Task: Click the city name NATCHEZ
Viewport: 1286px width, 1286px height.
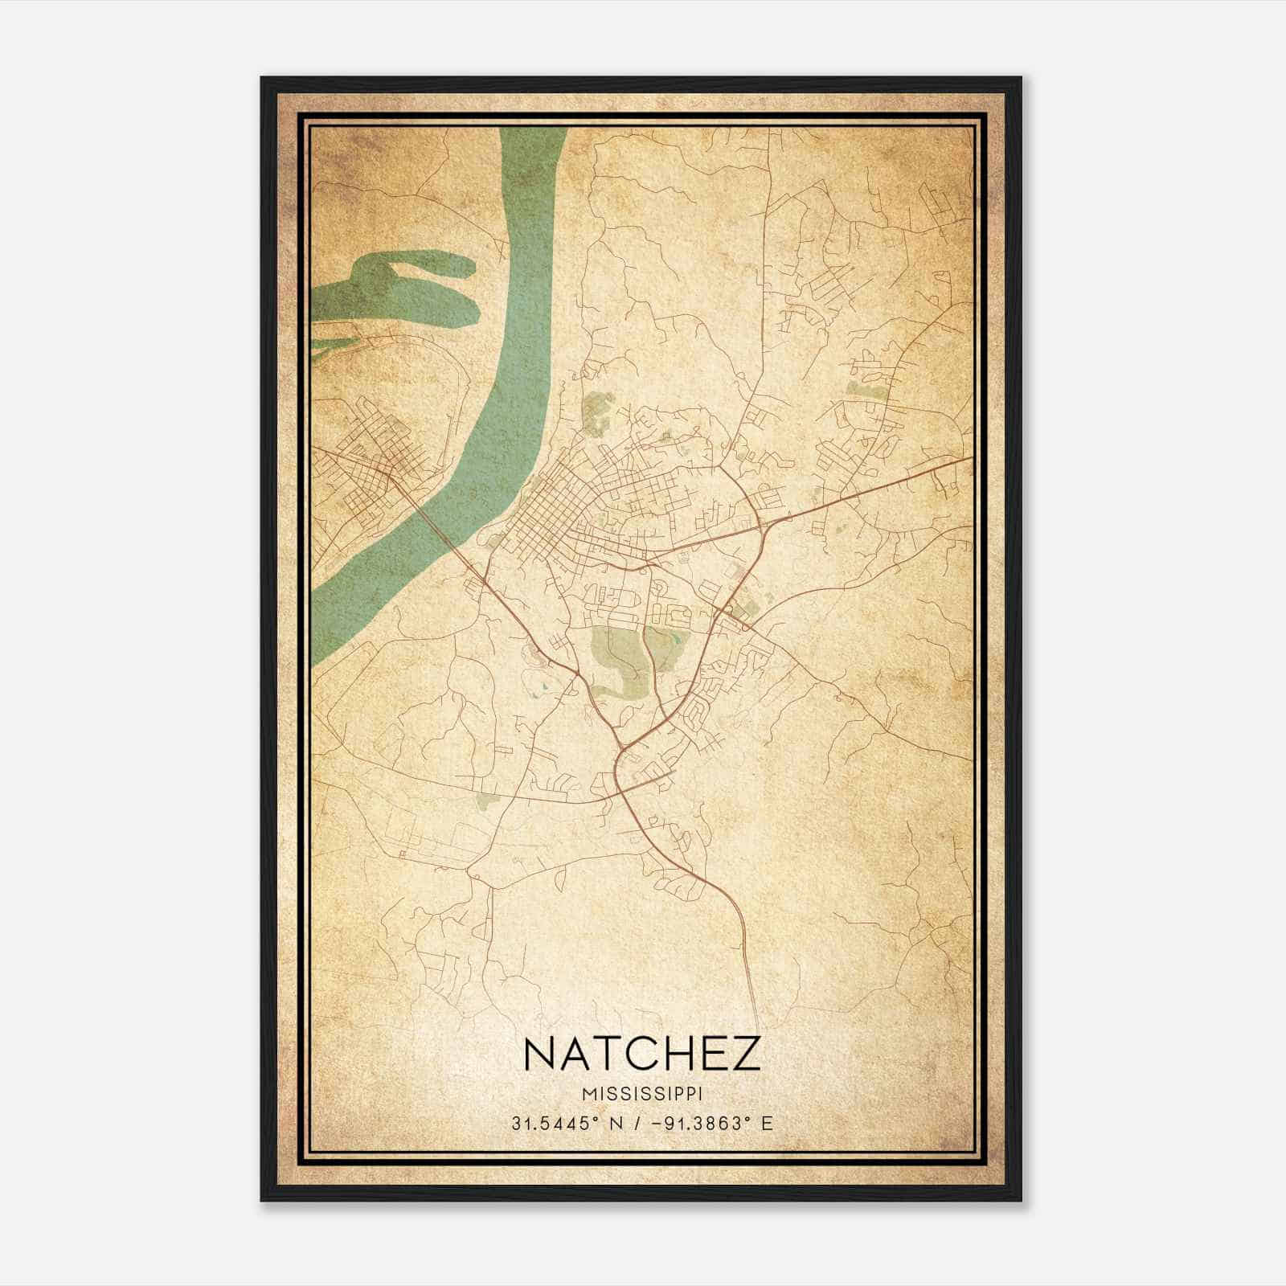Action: (x=641, y=1054)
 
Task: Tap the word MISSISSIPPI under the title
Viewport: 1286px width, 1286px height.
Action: (x=641, y=1093)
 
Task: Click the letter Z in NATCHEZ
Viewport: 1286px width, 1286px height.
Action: (x=744, y=1054)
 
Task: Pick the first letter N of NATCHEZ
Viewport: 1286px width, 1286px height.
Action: (x=541, y=1054)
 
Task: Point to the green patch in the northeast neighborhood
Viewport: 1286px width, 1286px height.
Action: (x=864, y=390)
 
